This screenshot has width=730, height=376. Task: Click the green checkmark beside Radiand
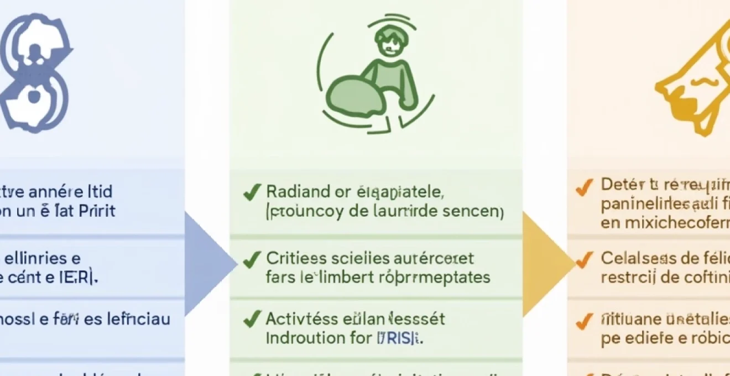coord(252,193)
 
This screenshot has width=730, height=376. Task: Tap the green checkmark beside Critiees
coord(252,259)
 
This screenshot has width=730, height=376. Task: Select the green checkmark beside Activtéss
coord(252,319)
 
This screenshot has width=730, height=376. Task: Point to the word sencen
coord(477,211)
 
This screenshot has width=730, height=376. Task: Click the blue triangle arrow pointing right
coord(207,264)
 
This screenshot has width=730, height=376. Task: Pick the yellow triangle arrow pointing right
coord(545,264)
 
